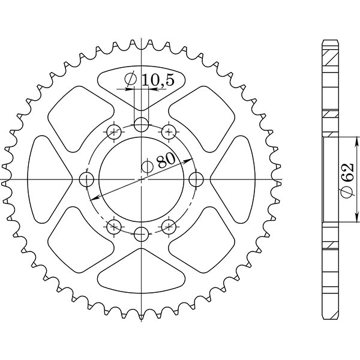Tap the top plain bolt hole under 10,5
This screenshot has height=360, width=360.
tap(141, 125)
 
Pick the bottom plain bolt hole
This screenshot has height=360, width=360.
tap(141, 233)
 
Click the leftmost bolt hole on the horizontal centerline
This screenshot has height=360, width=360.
tap(87, 179)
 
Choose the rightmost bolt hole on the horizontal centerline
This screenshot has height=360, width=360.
tap(196, 179)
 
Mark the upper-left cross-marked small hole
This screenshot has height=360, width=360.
tap(114, 132)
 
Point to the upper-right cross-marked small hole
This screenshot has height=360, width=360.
tap(169, 132)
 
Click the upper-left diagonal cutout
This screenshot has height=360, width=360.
tap(81, 114)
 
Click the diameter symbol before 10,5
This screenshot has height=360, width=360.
tap(130, 80)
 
